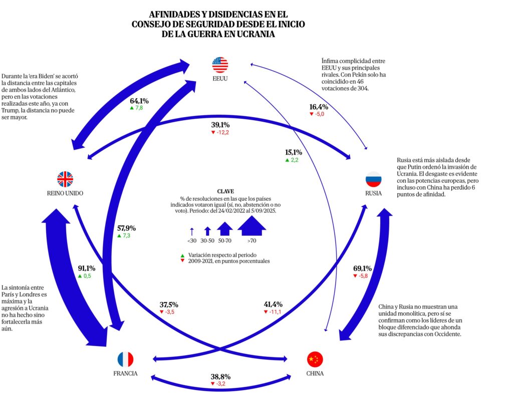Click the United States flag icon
click(x=220, y=65)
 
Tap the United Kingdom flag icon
click(x=65, y=179)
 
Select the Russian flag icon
click(x=373, y=179)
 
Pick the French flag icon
click(x=125, y=359)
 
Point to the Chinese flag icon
click(x=315, y=359)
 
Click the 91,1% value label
click(x=87, y=268)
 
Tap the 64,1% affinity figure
click(x=140, y=101)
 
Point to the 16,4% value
click(x=319, y=107)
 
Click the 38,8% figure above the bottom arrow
click(x=220, y=376)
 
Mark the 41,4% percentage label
click(x=273, y=304)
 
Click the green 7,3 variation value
click(x=123, y=235)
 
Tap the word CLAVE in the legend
click(x=225, y=191)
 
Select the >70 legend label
click(x=251, y=241)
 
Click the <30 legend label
click(x=192, y=241)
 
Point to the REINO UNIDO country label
click(x=65, y=193)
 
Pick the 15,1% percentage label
click(x=294, y=152)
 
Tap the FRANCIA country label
click(x=125, y=373)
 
